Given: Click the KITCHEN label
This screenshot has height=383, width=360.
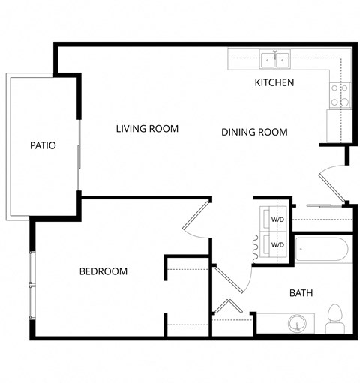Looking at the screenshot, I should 274,82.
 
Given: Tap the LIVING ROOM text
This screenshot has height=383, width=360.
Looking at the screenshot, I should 147,129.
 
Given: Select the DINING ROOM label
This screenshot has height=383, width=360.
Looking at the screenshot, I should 255,133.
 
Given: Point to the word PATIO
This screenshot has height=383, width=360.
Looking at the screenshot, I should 43,145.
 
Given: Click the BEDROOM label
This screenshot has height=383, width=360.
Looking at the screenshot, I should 103,271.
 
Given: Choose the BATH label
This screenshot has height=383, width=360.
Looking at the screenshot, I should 301,293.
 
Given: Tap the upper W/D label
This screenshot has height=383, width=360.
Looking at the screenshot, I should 277,220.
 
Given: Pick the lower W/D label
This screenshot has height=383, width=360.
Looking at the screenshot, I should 277,245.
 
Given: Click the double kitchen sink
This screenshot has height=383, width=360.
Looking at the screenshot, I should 275,58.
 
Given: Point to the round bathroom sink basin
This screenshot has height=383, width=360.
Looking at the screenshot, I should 298,325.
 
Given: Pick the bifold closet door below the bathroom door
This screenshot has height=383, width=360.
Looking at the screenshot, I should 229,309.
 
